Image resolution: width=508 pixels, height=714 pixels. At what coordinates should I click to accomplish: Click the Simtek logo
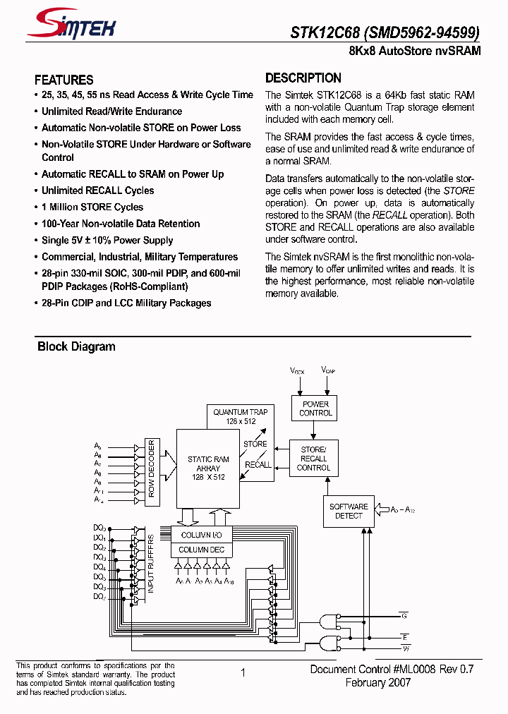point(71,26)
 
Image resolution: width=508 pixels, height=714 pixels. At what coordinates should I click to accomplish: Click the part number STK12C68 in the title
point(325,32)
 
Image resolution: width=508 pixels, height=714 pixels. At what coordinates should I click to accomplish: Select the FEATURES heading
point(64,80)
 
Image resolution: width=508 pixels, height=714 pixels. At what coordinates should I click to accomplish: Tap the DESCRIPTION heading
point(303,78)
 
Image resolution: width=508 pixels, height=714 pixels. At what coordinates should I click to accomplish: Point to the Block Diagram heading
point(76,346)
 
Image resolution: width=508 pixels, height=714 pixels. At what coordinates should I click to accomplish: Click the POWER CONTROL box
point(315,409)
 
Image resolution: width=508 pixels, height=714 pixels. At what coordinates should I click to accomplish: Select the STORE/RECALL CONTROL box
point(313,459)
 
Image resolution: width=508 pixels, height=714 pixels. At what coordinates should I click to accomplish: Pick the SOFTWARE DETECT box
point(349,511)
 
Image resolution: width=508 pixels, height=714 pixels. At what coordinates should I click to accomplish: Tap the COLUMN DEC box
point(202,550)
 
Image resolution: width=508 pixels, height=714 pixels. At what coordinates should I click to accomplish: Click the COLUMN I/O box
point(202,535)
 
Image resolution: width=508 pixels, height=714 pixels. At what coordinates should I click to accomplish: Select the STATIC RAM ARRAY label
point(208,468)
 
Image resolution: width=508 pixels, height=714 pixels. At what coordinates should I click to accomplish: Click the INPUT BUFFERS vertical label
point(151,563)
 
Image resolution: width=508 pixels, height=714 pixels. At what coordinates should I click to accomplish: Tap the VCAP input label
point(328,370)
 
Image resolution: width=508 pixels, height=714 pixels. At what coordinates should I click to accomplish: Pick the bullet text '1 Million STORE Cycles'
point(92,207)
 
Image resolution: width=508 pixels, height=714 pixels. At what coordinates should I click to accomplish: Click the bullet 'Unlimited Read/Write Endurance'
point(111,111)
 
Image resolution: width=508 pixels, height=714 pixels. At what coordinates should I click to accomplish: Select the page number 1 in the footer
point(243,673)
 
